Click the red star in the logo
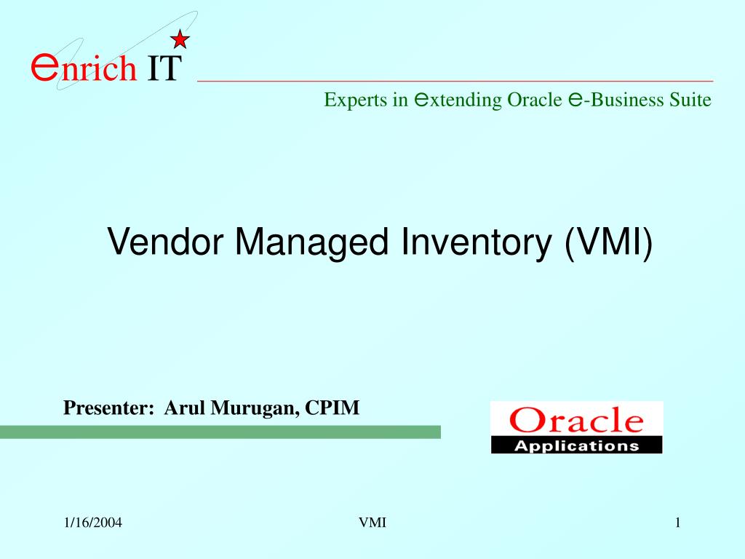click(x=180, y=39)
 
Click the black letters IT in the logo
click(x=164, y=68)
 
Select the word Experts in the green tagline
click(x=356, y=100)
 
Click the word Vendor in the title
click(x=165, y=242)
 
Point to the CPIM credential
click(x=332, y=408)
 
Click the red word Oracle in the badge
click(x=576, y=420)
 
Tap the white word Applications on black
click(x=576, y=446)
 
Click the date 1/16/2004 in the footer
click(x=93, y=523)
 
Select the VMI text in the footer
click(x=372, y=523)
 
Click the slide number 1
click(x=678, y=523)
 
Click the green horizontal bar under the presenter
click(x=220, y=432)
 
